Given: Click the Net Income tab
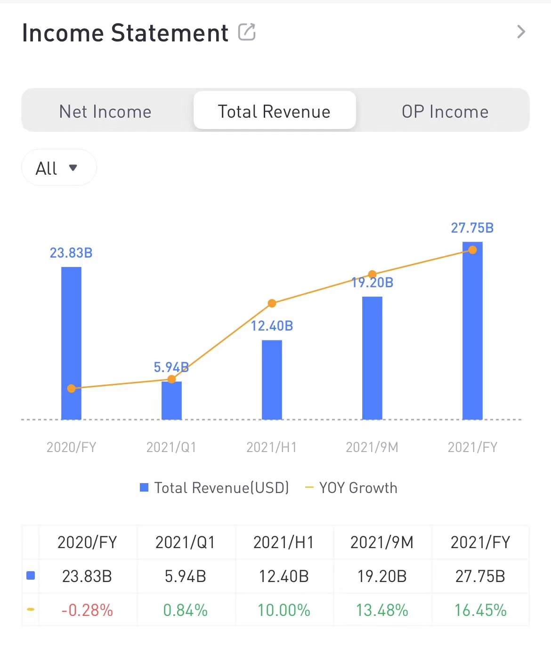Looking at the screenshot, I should point(105,112).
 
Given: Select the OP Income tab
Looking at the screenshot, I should point(445,112).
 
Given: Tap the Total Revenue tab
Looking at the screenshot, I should point(274,112).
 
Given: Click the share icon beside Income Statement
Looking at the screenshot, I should point(247,32).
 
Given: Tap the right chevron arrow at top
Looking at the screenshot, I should point(521,32).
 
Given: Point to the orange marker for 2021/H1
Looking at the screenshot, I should point(272,303).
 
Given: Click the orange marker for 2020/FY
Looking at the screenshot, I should point(71,388).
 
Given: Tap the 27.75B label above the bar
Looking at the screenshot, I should point(472,228).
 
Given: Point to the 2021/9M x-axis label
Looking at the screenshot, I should point(372,447).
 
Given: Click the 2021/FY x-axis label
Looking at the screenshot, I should point(472,447).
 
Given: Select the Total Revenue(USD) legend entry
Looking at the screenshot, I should point(215,488).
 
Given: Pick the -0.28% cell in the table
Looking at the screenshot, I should point(87,610).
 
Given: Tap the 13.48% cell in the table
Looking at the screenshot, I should point(382,610).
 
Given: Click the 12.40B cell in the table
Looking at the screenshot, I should point(284,576).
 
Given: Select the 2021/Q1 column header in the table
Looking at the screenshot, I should point(185,542).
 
